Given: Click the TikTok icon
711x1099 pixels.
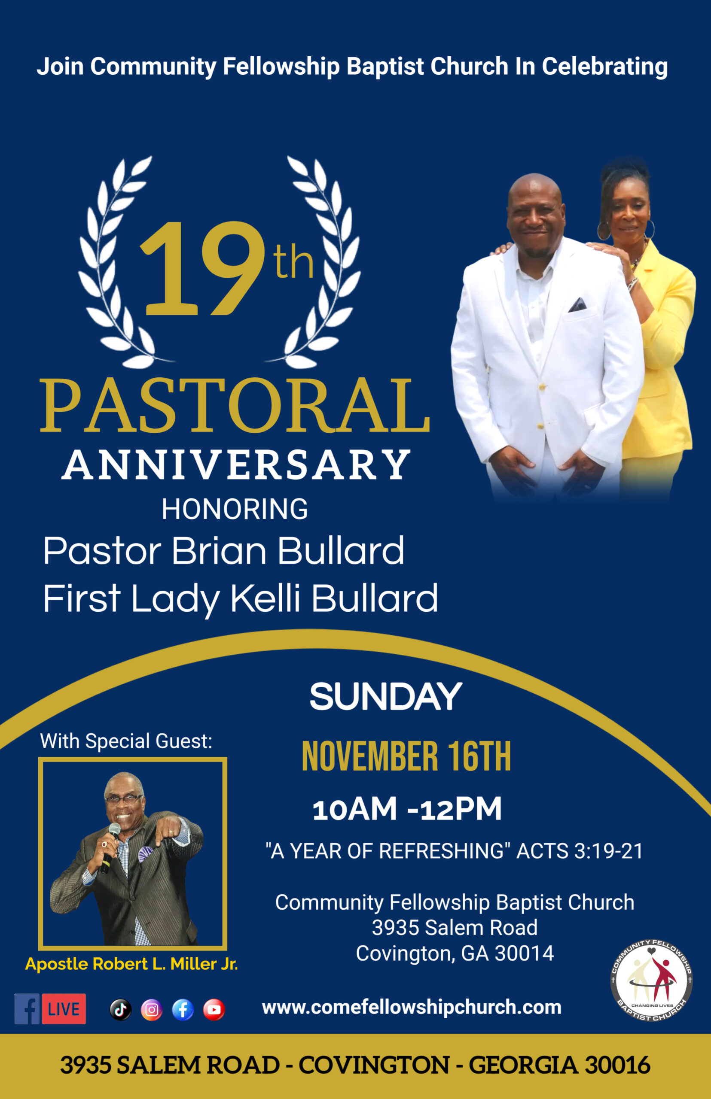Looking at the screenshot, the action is (x=120, y=1010).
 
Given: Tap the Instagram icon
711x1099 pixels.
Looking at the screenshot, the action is (x=151, y=1010).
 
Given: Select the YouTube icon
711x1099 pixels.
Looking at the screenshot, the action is (x=214, y=1010).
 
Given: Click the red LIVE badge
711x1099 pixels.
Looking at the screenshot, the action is (x=64, y=1009).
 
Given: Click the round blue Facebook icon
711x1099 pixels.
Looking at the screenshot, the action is (x=183, y=1010).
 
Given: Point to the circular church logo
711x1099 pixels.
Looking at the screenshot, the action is (x=651, y=981).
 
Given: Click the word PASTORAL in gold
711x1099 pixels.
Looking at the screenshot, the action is (x=235, y=406).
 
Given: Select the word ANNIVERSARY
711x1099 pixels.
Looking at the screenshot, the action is (x=236, y=464).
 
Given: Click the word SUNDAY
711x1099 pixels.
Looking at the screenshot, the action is (x=385, y=696).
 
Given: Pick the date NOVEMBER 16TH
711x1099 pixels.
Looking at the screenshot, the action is (x=406, y=757).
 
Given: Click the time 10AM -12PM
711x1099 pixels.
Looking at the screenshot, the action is (x=407, y=809).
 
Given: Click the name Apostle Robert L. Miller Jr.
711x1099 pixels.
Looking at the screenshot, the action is (x=131, y=963).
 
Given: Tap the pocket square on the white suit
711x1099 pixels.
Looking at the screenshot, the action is (x=577, y=305).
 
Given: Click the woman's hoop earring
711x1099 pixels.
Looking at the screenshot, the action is (x=649, y=229).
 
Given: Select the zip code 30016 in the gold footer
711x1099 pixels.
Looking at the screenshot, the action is (x=617, y=1066).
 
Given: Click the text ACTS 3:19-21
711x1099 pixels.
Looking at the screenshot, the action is (x=580, y=851).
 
